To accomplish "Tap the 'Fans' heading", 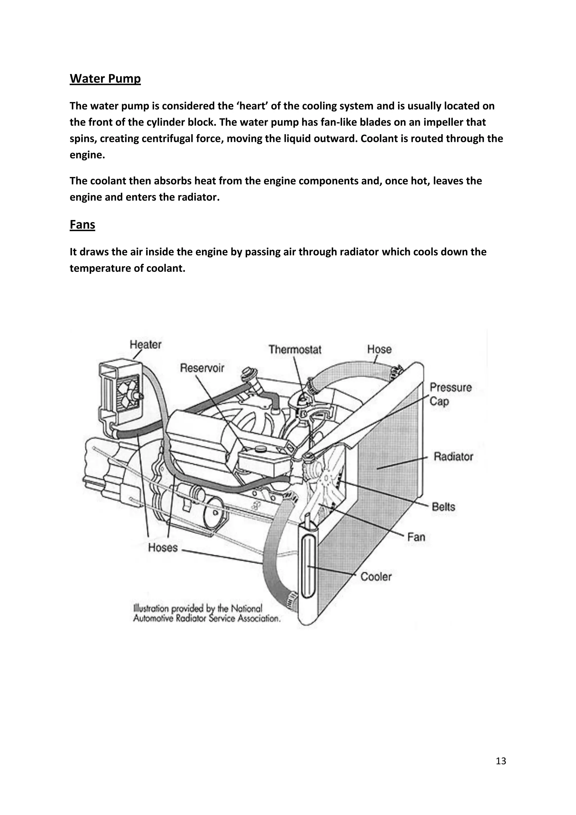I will click(x=82, y=225).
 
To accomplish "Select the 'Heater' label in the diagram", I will click(x=145, y=344).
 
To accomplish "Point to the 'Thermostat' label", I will click(x=295, y=350).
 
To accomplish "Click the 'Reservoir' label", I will click(x=202, y=368).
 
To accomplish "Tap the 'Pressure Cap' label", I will click(x=451, y=394).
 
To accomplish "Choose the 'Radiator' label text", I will click(x=453, y=456).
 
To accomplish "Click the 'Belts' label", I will click(x=443, y=507).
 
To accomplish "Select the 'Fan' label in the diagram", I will click(x=416, y=537).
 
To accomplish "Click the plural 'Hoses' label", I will click(x=163, y=548).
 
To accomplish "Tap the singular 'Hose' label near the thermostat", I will click(x=379, y=349).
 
